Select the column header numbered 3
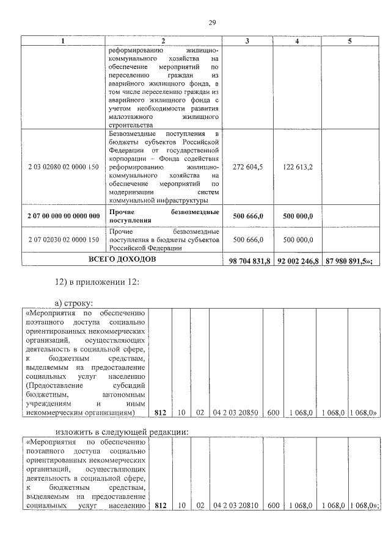tap(246, 41)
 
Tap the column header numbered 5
tap(349, 41)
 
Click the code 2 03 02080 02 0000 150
tap(64, 167)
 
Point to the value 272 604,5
tap(248, 167)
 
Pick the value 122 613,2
tap(298, 167)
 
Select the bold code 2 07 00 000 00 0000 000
tap(64, 216)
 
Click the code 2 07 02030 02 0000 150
tap(64, 240)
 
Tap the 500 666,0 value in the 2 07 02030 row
tap(248, 240)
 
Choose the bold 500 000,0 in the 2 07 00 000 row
tap(298, 216)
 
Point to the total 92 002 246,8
tap(298, 261)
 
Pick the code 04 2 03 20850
tap(236, 413)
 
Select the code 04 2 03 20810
tap(236, 506)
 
